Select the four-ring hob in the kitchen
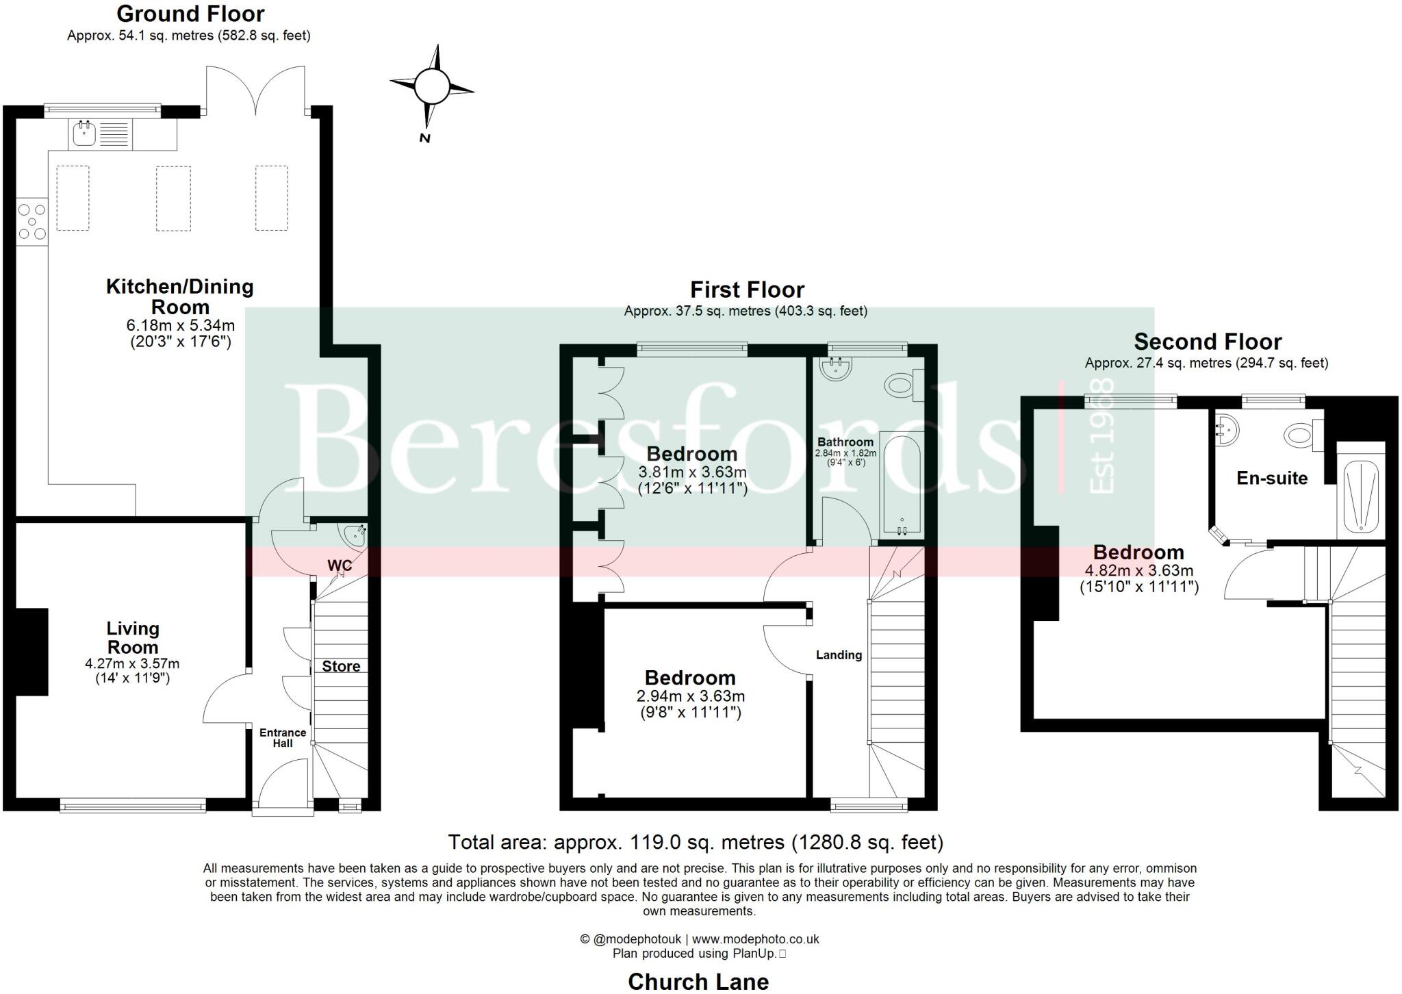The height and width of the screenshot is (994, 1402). click(31, 221)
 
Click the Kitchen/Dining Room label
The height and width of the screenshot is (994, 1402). click(180, 296)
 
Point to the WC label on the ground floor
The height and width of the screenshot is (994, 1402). click(340, 565)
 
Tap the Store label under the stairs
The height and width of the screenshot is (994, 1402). click(341, 666)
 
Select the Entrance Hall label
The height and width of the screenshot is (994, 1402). click(283, 737)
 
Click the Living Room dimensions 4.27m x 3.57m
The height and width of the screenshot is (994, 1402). click(132, 663)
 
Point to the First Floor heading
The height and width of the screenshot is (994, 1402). click(747, 290)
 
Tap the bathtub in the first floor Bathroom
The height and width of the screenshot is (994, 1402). click(902, 483)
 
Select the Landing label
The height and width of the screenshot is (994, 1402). click(839, 655)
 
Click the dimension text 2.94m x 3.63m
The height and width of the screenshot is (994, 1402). click(691, 696)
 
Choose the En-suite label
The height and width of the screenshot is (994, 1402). click(1272, 478)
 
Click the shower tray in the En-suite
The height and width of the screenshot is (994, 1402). click(1361, 496)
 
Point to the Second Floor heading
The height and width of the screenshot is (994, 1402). click(1208, 341)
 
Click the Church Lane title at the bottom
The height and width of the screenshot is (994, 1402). click(698, 981)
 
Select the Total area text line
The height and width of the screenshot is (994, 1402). click(696, 841)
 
